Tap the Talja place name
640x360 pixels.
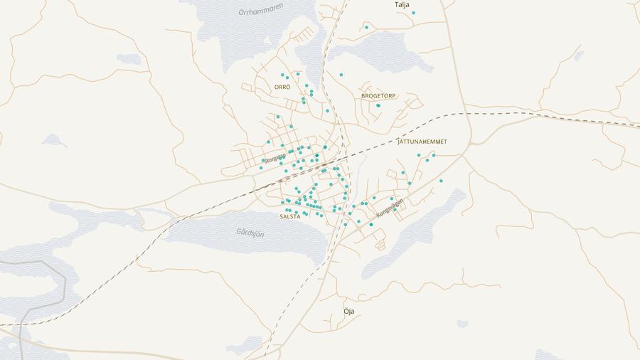(402, 4)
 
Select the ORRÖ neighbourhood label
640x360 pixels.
(282, 87)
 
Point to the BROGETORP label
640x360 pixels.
(378, 95)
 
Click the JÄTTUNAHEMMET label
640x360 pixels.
(422, 142)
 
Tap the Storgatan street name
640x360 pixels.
(275, 157)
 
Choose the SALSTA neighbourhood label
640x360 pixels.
(289, 216)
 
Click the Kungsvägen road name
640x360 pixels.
(390, 207)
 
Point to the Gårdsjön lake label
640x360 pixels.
(250, 232)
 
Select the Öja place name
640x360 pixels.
(348, 312)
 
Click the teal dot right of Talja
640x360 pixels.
(413, 13)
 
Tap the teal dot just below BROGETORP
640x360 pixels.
(378, 105)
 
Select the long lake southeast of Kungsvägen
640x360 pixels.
(412, 235)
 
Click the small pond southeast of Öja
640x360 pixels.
(462, 324)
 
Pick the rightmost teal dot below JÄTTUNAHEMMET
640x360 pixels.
(441, 181)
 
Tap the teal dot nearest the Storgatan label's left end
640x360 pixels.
(261, 169)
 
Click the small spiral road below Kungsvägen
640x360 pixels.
(380, 244)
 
